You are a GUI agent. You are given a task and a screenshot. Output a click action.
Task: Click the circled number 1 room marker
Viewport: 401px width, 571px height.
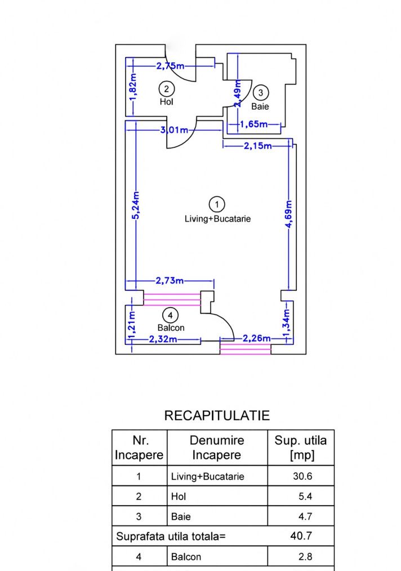(217, 204)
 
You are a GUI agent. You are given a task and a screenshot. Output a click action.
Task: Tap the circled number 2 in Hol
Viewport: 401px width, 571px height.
(167, 89)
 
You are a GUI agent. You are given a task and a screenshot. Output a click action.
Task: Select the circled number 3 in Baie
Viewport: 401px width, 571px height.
(261, 93)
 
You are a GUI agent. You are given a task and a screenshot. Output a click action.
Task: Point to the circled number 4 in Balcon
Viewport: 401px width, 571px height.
(170, 316)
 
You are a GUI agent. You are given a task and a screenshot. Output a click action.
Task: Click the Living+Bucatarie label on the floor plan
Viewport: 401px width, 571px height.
(217, 219)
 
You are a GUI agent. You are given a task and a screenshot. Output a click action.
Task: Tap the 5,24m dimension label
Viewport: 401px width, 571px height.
(135, 205)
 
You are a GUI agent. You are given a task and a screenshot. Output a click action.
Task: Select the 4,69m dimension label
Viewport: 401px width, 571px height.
(289, 214)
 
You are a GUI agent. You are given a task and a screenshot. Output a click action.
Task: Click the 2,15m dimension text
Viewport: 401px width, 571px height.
(258, 146)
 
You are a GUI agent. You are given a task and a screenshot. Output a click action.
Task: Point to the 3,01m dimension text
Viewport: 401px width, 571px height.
(174, 129)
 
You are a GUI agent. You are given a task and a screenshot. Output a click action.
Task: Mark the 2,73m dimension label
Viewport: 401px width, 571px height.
(170, 281)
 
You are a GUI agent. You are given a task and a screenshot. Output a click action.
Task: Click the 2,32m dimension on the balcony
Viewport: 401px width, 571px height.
(163, 339)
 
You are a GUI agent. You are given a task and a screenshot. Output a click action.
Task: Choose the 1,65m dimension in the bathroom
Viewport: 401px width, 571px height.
(254, 124)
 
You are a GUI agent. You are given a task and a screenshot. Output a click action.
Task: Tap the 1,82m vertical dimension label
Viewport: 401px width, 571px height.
(133, 87)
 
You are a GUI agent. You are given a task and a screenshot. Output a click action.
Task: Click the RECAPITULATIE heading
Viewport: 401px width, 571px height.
(217, 416)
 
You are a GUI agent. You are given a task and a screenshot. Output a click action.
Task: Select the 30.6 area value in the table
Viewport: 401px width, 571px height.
(302, 476)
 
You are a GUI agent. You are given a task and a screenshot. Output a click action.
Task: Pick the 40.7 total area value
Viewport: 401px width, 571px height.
(301, 536)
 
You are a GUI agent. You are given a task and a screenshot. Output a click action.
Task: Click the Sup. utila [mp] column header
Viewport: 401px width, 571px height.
(301, 448)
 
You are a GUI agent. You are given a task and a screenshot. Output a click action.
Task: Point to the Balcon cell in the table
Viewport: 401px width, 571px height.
(186, 557)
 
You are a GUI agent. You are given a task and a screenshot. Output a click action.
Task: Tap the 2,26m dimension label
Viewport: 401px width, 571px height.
(257, 338)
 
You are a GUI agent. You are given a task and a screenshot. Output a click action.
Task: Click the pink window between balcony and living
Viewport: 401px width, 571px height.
(172, 299)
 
